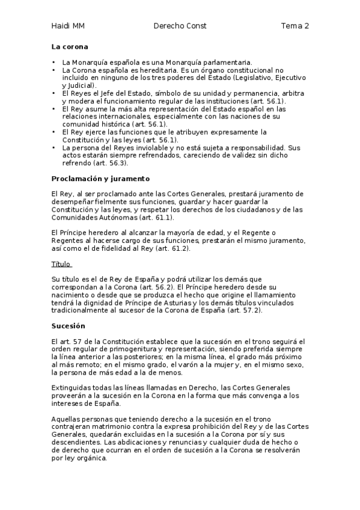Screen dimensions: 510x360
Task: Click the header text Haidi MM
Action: [67, 26]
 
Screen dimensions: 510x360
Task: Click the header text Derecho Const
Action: [180, 26]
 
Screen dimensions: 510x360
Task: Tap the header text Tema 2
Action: [294, 26]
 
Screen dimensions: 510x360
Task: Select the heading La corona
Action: [70, 46]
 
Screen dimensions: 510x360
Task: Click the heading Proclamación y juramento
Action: [100, 179]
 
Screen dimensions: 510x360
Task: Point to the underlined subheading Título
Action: [61, 263]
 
